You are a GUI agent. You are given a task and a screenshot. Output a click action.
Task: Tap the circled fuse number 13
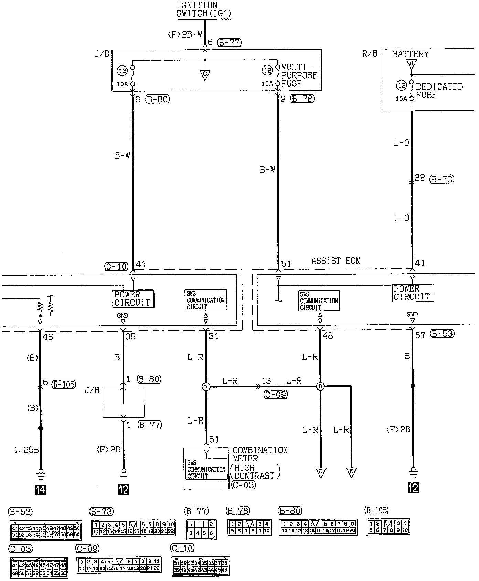(123, 71)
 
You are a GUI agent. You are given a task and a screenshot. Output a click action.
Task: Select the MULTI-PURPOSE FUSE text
(299, 75)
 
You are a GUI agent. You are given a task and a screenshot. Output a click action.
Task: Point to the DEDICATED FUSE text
(439, 91)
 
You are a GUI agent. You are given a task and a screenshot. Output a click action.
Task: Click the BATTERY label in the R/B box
(411, 54)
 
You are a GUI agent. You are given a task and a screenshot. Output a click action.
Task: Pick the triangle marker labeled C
(205, 75)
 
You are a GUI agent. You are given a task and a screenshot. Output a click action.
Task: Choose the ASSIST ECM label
(336, 261)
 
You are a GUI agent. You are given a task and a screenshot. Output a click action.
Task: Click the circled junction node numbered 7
(206, 387)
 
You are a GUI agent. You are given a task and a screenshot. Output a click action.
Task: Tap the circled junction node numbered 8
(320, 387)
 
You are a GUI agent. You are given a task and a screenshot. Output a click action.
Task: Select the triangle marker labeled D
(321, 472)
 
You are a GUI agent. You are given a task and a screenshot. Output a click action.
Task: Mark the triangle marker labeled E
(351, 472)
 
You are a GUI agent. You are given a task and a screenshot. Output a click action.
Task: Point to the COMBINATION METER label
(260, 454)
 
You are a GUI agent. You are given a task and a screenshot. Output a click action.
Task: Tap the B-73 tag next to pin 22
(442, 179)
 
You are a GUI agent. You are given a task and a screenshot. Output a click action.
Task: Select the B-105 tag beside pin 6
(64, 384)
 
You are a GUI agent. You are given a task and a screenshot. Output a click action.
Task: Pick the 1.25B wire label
(26, 450)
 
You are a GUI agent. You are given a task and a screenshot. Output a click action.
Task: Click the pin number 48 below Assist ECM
(328, 335)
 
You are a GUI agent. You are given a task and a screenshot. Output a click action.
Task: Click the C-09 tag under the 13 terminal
(276, 395)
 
